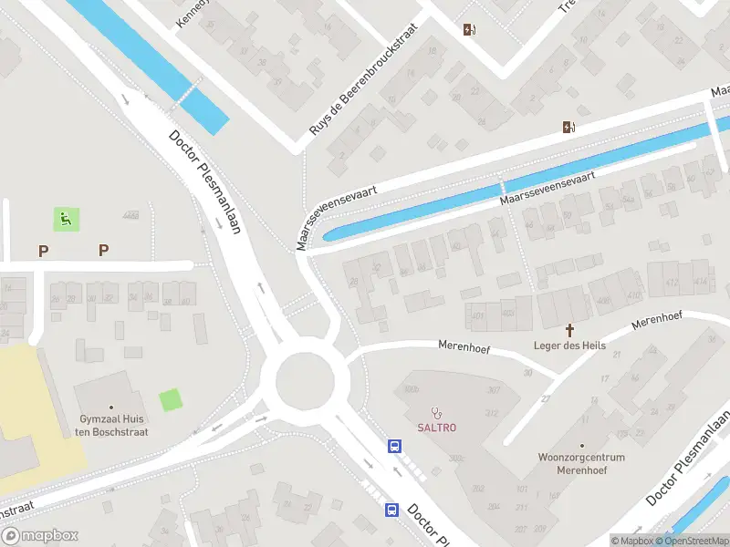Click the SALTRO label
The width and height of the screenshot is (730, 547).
tap(437, 428)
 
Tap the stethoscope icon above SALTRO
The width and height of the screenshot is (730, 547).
tap(437, 412)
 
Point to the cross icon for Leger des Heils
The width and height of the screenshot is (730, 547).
tap(570, 329)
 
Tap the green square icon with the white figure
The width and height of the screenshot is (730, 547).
tap(66, 219)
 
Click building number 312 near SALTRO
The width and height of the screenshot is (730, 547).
tap(492, 413)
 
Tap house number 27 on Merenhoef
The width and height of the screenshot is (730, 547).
tap(547, 398)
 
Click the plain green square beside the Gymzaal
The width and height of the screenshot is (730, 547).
tap(170, 400)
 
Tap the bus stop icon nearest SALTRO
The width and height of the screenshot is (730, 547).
tap(395, 447)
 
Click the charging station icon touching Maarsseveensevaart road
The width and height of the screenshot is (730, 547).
tap(569, 128)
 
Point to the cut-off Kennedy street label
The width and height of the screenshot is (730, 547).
tap(193, 14)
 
